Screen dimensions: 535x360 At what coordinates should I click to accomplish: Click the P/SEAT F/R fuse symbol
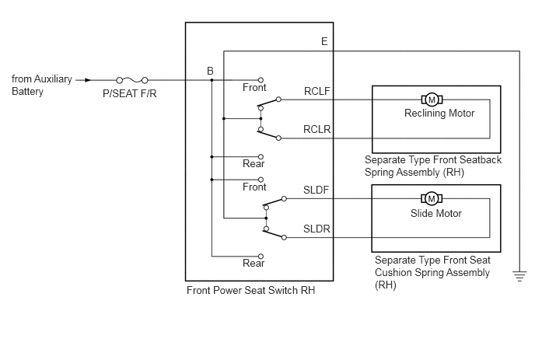(132, 81)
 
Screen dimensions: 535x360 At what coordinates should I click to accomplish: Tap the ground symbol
(519, 276)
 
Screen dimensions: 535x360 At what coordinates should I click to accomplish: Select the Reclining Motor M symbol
(432, 100)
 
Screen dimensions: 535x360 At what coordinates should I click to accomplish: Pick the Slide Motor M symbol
(432, 198)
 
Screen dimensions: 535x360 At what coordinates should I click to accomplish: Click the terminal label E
(324, 42)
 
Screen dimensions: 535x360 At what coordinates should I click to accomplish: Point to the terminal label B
(210, 71)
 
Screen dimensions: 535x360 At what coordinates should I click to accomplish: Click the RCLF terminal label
(317, 91)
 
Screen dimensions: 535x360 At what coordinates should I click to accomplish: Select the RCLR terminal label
(317, 129)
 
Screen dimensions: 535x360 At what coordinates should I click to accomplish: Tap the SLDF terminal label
(316, 190)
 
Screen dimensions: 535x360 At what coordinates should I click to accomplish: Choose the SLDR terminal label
(316, 229)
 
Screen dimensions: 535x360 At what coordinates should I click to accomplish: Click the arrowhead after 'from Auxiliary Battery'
(88, 80)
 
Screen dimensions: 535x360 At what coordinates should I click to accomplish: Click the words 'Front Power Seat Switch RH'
(250, 290)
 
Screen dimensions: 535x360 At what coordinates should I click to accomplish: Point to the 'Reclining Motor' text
(439, 113)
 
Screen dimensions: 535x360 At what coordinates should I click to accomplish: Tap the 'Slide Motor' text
(436, 213)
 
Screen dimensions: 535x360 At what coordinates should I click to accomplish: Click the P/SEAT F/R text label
(130, 93)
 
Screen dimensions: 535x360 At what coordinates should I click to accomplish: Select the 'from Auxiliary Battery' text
(42, 86)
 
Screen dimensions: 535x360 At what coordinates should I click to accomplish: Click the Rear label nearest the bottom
(254, 263)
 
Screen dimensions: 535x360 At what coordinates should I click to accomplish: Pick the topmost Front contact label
(254, 87)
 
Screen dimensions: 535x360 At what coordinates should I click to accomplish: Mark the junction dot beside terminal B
(212, 80)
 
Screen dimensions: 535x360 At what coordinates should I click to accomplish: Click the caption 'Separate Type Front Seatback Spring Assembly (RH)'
(433, 166)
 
